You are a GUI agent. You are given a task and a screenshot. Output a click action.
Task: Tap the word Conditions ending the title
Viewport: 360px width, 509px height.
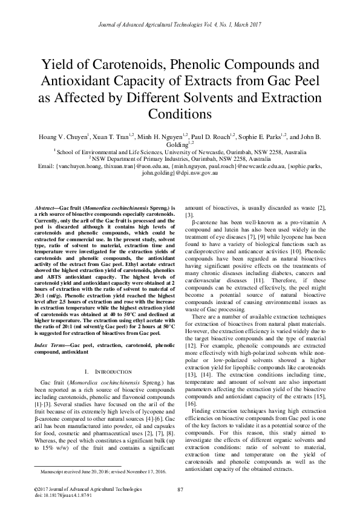(180, 114)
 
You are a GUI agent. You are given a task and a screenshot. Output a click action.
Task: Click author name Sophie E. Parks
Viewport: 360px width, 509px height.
(260, 138)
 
